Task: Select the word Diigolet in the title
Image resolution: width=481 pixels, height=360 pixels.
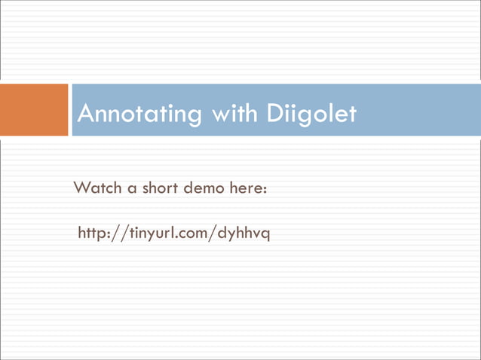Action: click(311, 114)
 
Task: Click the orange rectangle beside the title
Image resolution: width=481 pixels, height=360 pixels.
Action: click(34, 110)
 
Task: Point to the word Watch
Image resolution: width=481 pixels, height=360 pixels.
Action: click(97, 187)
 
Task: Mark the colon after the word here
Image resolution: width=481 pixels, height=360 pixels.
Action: click(264, 188)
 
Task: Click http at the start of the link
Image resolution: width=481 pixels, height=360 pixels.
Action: click(93, 233)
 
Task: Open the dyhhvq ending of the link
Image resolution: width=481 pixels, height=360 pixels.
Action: click(243, 234)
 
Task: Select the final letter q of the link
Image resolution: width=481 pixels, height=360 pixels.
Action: click(265, 236)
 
